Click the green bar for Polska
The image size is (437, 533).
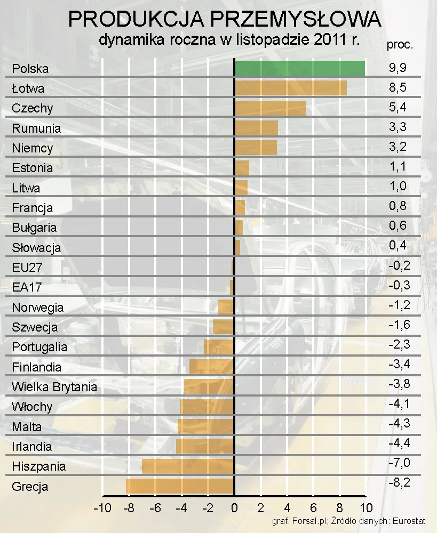[299, 68]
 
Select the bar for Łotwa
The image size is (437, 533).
[290, 88]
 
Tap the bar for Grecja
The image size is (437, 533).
[180, 486]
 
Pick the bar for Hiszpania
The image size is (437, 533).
[188, 466]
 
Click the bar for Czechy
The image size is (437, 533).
[270, 108]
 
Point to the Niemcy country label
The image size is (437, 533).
[33, 148]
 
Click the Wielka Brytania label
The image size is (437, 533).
[54, 387]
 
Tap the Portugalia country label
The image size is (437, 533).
[39, 347]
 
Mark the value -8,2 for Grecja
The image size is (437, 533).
[399, 483]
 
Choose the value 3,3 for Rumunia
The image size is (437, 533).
[398, 127]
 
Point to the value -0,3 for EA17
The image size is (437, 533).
[399, 285]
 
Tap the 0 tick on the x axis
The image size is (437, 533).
[234, 507]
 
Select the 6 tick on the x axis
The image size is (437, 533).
[313, 507]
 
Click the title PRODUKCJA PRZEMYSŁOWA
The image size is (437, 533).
[225, 20]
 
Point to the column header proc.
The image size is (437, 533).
[400, 45]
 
